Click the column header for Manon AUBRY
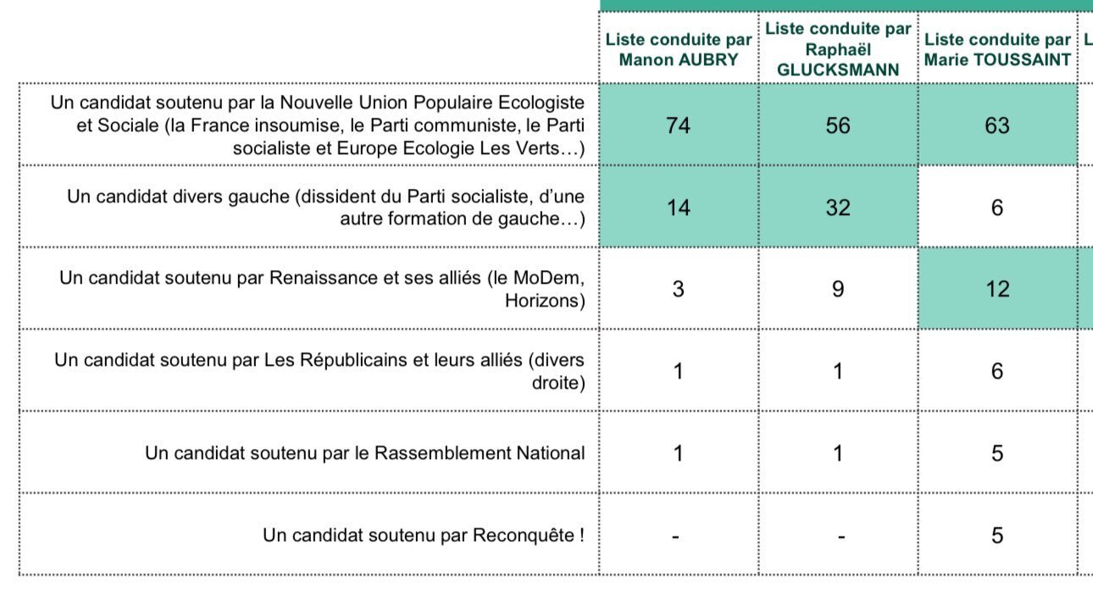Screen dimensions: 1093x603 click(679, 49)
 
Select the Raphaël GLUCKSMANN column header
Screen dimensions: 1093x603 click(838, 49)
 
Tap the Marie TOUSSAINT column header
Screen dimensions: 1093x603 click(997, 49)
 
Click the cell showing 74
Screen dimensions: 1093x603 click(679, 124)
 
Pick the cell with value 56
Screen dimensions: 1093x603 click(838, 124)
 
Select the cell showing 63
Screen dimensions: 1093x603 click(997, 124)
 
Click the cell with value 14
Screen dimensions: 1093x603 click(679, 207)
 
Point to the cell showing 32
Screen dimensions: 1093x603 click(838, 207)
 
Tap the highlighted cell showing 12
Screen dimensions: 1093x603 click(997, 289)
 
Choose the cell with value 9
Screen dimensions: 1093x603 click(838, 289)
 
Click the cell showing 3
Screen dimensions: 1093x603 click(679, 289)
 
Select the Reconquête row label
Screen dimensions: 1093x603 click(424, 535)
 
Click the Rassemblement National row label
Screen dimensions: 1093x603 click(365, 453)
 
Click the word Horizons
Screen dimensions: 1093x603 click(545, 301)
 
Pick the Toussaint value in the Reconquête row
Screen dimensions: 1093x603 click(997, 535)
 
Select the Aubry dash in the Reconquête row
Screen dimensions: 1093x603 click(676, 537)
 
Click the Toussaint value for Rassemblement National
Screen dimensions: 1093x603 click(997, 453)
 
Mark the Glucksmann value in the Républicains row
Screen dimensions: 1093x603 click(838, 371)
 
